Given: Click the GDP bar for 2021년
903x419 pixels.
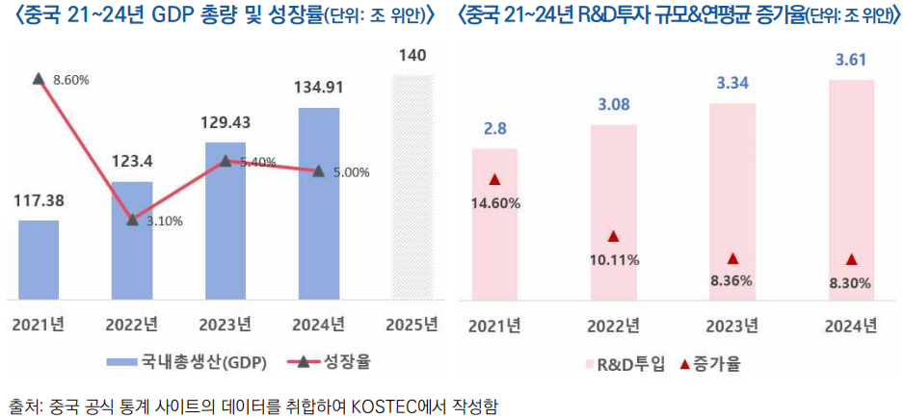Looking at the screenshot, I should [39, 260].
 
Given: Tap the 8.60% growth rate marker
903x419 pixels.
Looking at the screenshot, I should [38, 78].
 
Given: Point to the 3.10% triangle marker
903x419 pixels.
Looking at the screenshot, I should [132, 219].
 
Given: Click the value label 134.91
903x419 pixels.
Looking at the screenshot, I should [319, 88].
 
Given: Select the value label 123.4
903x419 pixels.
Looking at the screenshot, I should [132, 162].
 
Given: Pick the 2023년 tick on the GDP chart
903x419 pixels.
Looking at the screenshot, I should [226, 323].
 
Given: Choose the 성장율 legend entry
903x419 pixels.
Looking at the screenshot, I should [332, 362].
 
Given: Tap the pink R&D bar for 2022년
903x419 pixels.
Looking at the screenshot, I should [613, 212].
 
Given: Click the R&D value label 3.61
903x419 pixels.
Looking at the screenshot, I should [851, 61].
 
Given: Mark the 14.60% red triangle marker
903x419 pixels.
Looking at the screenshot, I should [494, 179].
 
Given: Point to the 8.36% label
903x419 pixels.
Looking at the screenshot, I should [732, 280].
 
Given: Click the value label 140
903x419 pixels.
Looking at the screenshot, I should [412, 56].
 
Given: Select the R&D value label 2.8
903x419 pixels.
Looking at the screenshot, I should [494, 129].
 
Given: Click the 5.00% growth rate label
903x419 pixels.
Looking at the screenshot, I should [351, 172].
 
